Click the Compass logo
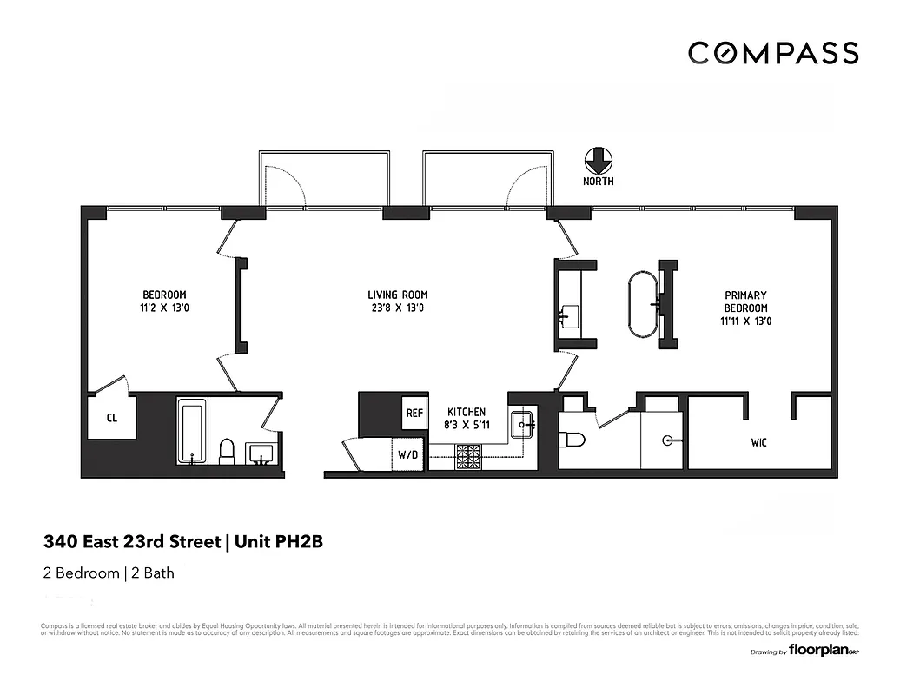click(773, 53)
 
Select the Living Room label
click(397, 295)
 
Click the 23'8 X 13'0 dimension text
click(397, 308)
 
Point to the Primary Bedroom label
click(745, 301)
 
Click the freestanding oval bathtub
click(643, 303)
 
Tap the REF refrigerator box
click(414, 414)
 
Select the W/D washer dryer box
click(408, 453)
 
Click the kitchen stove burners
click(469, 456)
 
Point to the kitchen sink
click(523, 425)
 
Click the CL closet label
click(111, 418)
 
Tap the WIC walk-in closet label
click(758, 442)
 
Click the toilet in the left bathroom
click(227, 451)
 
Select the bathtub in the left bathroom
click(190, 432)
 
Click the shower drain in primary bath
click(669, 440)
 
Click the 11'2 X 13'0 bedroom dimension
click(164, 308)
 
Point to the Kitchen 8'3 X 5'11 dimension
click(467, 426)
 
